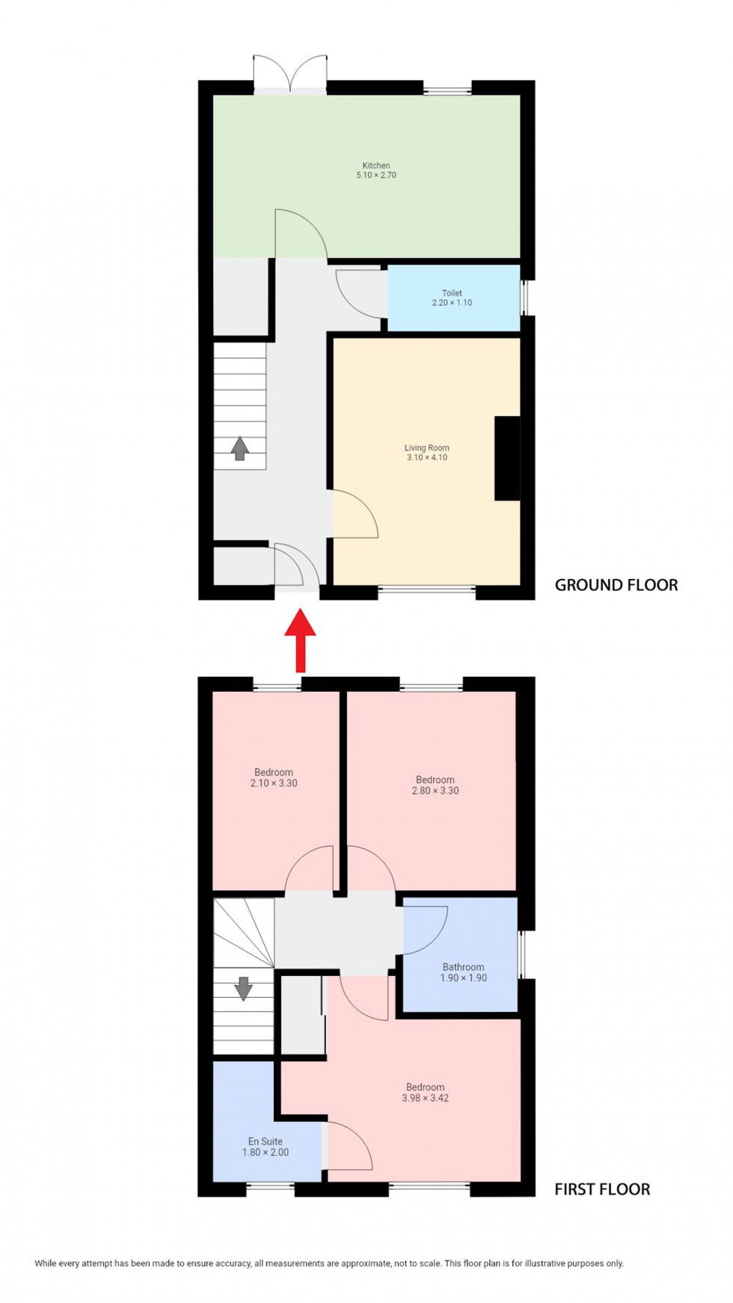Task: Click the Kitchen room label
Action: pyautogui.click(x=376, y=165)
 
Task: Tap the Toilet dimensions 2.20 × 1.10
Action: pyautogui.click(x=452, y=303)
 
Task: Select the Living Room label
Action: pyautogui.click(x=427, y=448)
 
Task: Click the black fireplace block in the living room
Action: pyautogui.click(x=507, y=458)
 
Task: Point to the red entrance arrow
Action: pyautogui.click(x=301, y=641)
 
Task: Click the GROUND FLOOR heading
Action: pyautogui.click(x=616, y=585)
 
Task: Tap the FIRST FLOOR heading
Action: pyautogui.click(x=602, y=1189)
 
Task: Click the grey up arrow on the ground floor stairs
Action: pyautogui.click(x=239, y=449)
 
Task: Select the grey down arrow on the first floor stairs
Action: pyautogui.click(x=243, y=988)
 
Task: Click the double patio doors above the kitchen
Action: pyautogui.click(x=290, y=73)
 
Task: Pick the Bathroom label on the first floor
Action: pyautogui.click(x=463, y=966)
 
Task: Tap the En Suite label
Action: pyautogui.click(x=266, y=1141)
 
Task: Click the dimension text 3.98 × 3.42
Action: pyautogui.click(x=425, y=1098)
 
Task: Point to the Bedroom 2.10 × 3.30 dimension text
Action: pyautogui.click(x=274, y=783)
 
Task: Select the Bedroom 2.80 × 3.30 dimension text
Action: pyautogui.click(x=435, y=791)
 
